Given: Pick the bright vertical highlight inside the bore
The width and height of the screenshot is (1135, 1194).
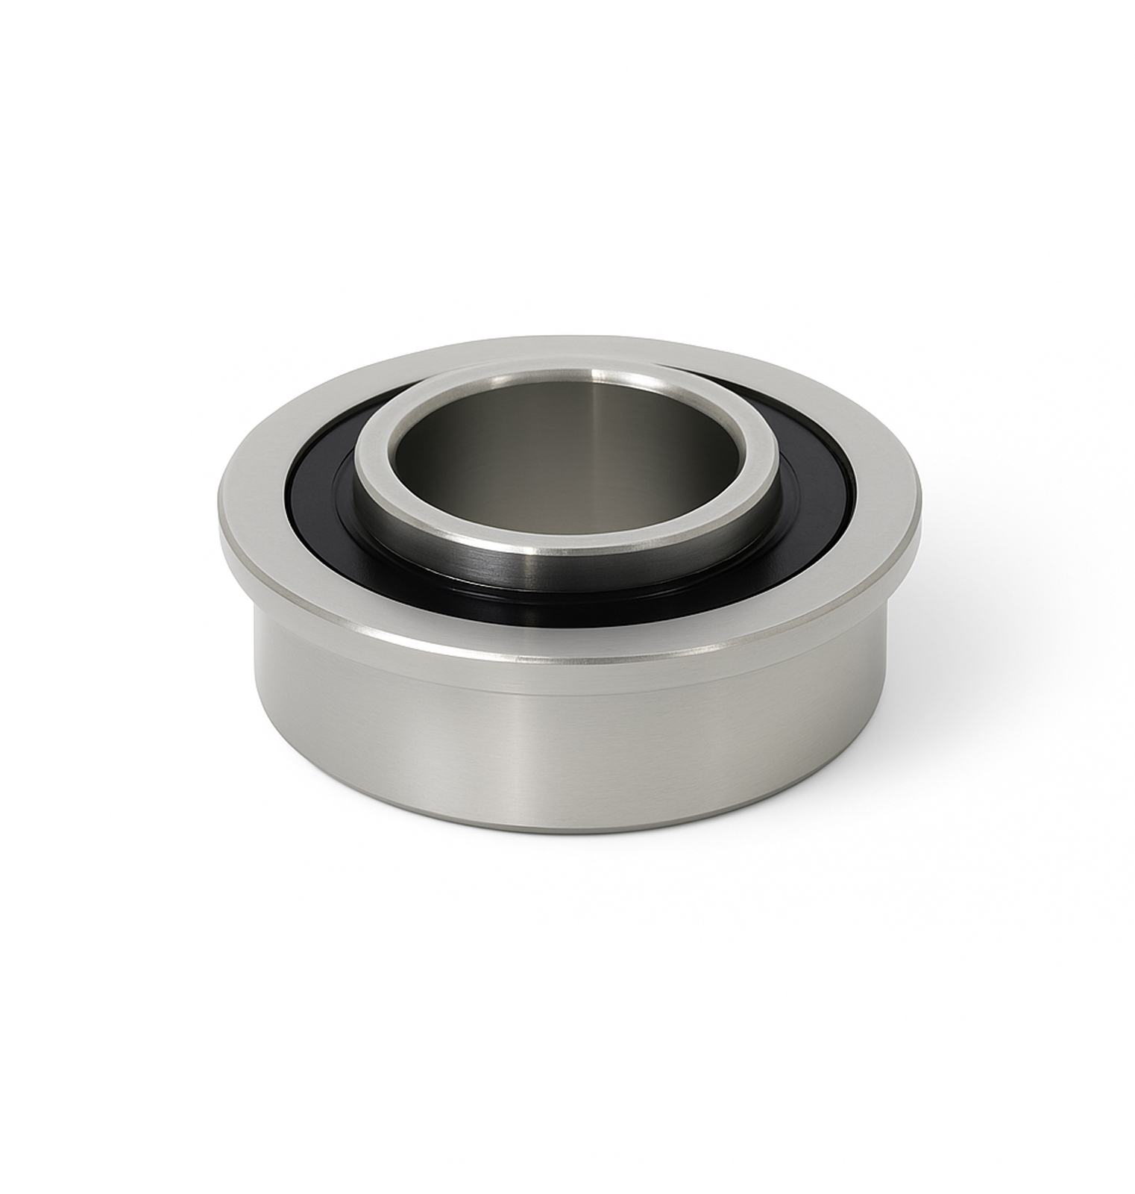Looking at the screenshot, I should (x=597, y=440).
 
